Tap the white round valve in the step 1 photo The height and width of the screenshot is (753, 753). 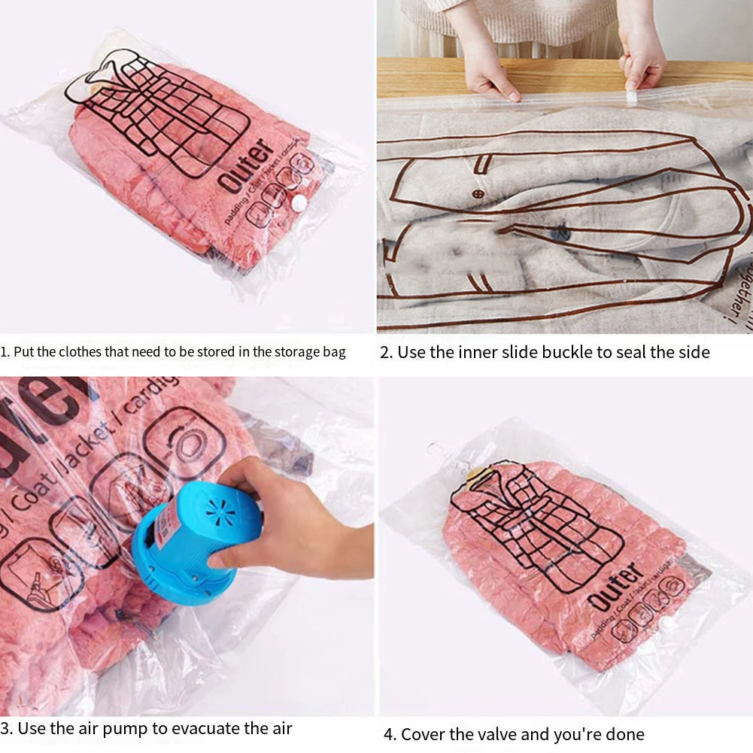coord(299,202)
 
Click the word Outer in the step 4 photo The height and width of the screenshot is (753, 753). coord(615,588)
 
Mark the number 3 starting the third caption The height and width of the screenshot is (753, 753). coord(5,728)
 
